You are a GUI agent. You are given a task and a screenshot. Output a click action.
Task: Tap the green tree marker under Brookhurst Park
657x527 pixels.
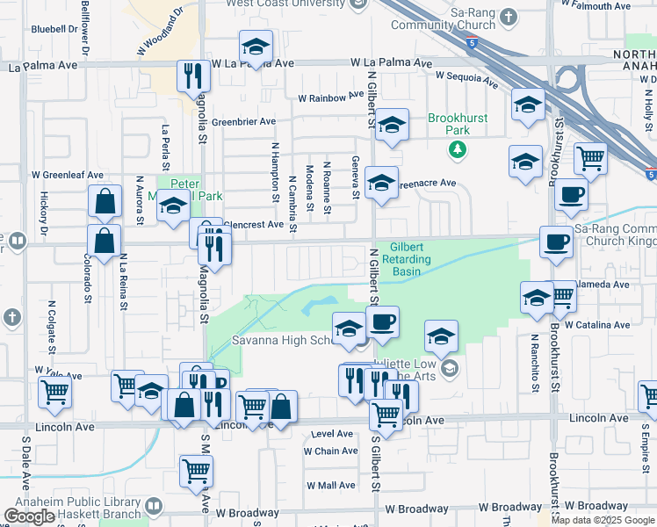pyautogui.click(x=457, y=148)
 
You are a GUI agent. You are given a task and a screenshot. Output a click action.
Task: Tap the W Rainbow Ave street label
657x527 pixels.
pyautogui.click(x=330, y=97)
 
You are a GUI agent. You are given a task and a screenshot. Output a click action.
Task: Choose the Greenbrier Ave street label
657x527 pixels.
pyautogui.click(x=243, y=121)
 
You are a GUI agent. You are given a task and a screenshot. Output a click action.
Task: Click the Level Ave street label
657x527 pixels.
pyautogui.click(x=332, y=434)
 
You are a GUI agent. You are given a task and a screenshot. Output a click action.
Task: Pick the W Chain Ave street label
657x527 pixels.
pyautogui.click(x=331, y=451)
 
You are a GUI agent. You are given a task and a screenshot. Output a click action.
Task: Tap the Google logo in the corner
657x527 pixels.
pyautogui.click(x=29, y=516)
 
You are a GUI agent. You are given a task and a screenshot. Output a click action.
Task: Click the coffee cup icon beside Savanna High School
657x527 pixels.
pyautogui.click(x=382, y=321)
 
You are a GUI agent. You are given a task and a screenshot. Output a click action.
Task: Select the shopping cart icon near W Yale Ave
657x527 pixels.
pyautogui.click(x=54, y=393)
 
